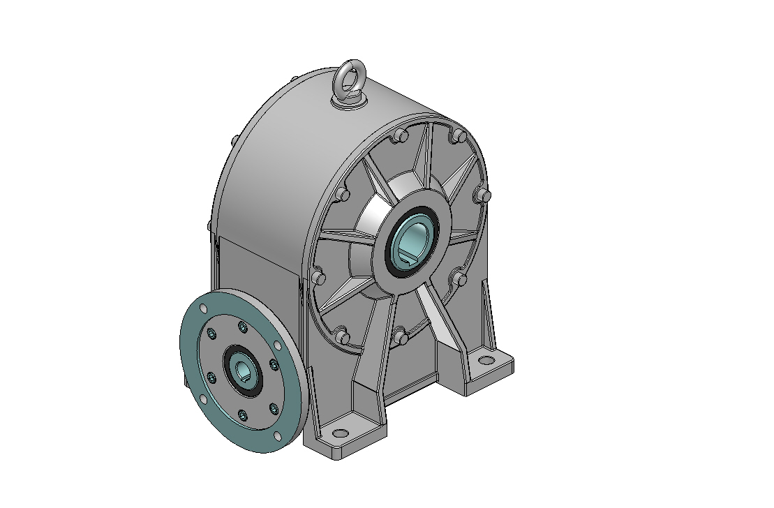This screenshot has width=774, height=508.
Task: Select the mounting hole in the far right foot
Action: pos(485,361)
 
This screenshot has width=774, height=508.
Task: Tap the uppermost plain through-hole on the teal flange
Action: pos(203,309)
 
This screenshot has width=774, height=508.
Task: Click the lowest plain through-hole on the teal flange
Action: pos(278,436)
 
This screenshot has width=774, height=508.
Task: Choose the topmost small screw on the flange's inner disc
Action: pos(242,327)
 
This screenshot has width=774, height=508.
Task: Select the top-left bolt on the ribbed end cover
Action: pos(398,137)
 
